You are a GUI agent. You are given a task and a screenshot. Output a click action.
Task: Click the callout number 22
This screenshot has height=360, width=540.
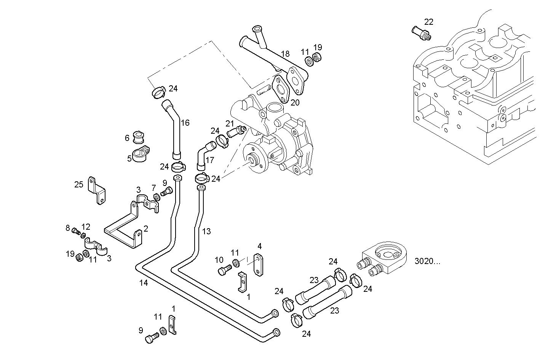[x=429, y=22]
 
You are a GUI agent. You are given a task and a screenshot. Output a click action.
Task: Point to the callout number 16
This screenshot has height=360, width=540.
[x=185, y=123]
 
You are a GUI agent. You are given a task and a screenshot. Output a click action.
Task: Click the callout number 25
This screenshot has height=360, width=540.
[x=79, y=185]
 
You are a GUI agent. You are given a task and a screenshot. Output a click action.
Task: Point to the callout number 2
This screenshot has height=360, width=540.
[x=146, y=229]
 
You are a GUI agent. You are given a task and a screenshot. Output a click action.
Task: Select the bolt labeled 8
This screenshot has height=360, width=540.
[x=76, y=230]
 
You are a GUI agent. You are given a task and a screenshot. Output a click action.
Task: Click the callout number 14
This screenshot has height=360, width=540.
[x=143, y=283]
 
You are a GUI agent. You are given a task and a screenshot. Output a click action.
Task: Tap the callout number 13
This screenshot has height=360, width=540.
[x=206, y=231]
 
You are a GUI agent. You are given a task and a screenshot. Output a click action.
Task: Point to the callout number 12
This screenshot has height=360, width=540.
[x=86, y=227]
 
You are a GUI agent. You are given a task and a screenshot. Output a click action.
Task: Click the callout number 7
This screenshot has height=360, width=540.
[x=154, y=188]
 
